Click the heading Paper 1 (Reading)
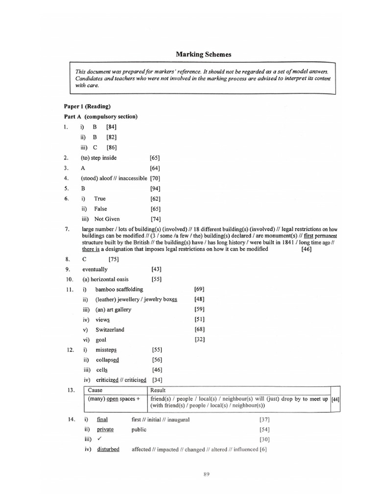pos(87,106)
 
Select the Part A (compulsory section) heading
pos(100,116)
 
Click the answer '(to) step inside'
pos(99,158)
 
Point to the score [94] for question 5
pos(155,188)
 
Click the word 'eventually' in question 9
pos(95,269)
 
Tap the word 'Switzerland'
pos(110,329)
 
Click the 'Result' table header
pos(158,390)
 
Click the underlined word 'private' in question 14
pos(105,430)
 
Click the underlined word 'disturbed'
pos(108,449)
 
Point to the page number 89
pos(207,474)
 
